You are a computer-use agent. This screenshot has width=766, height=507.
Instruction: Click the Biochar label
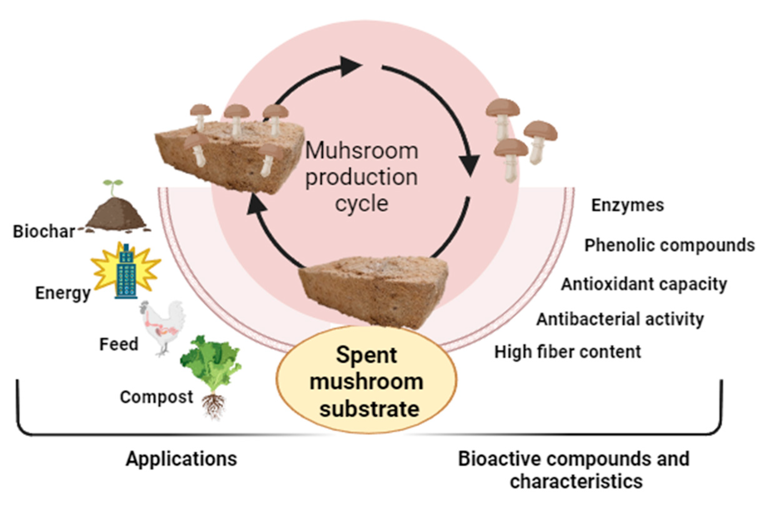[x=44, y=231]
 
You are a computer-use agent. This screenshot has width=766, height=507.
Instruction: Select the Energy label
[x=63, y=293]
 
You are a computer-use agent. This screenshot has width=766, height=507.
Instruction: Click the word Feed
[x=119, y=344]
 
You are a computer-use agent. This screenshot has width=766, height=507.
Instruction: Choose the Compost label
[x=156, y=397]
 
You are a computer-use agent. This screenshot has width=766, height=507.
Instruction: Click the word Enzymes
[x=628, y=205]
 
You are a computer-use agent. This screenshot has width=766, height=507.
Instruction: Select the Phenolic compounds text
[x=669, y=245]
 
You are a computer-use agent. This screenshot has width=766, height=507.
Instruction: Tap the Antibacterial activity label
[x=620, y=319]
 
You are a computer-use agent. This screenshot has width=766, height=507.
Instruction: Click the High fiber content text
[x=568, y=352]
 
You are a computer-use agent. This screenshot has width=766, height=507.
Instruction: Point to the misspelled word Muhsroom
[x=362, y=151]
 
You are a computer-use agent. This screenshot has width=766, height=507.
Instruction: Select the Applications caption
[x=181, y=459]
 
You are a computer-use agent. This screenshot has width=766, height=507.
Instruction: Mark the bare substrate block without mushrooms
[x=373, y=289]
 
